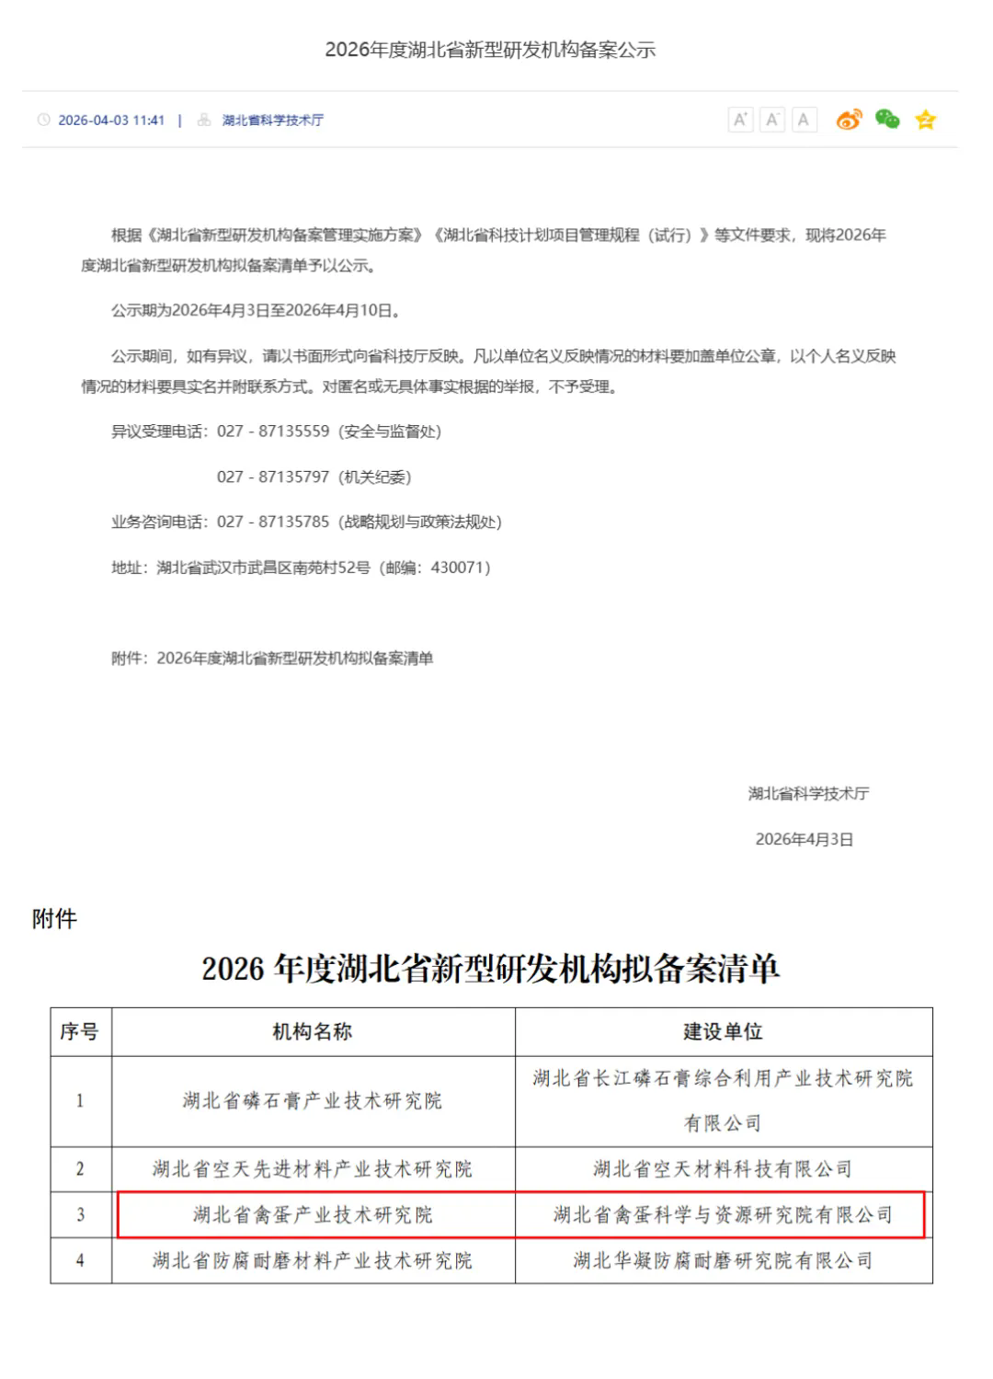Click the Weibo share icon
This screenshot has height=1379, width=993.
coord(849,120)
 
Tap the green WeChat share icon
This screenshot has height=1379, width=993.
coord(887,119)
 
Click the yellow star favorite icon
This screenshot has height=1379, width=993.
coord(925,120)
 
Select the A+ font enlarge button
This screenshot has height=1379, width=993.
coord(740,120)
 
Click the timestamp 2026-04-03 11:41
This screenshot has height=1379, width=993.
coord(110,121)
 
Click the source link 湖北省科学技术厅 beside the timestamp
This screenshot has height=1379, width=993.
coord(272,121)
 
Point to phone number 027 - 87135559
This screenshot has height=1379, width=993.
coord(273,431)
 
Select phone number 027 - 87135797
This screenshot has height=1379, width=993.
coord(273,477)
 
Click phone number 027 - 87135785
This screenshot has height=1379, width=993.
coord(273,522)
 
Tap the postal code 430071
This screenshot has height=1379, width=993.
coord(457,568)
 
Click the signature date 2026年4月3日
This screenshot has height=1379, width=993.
coord(804,839)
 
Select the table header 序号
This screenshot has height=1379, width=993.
coord(80,1031)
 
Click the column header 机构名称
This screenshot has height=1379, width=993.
coord(313,1031)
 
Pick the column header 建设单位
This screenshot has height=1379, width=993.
coord(723,1031)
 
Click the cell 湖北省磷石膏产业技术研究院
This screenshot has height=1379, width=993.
coord(313,1100)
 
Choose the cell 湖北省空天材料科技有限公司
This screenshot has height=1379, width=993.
coord(723,1169)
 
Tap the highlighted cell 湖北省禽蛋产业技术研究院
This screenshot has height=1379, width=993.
coord(313,1215)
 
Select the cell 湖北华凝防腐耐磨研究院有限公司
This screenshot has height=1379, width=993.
coord(723,1260)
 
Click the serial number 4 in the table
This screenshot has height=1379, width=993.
coord(80,1260)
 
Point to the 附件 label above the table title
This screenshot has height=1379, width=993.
coord(55,919)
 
